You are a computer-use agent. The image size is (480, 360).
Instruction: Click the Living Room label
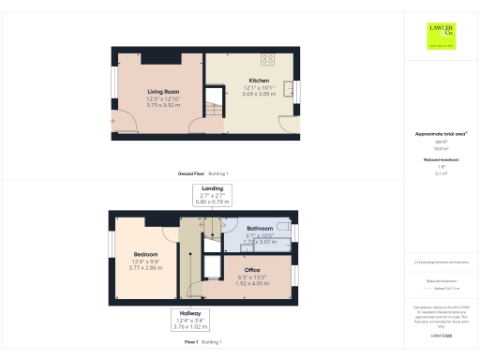(163, 91)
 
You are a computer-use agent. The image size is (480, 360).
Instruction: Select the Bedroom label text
(144, 254)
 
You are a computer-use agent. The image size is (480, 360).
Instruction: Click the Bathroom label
(260, 228)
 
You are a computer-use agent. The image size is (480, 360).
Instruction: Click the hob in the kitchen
(267, 59)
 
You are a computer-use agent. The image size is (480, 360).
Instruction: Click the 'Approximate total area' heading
(441, 134)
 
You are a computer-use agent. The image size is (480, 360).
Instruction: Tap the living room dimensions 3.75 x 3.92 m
(163, 106)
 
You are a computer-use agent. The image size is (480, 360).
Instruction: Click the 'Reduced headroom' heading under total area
(441, 160)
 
